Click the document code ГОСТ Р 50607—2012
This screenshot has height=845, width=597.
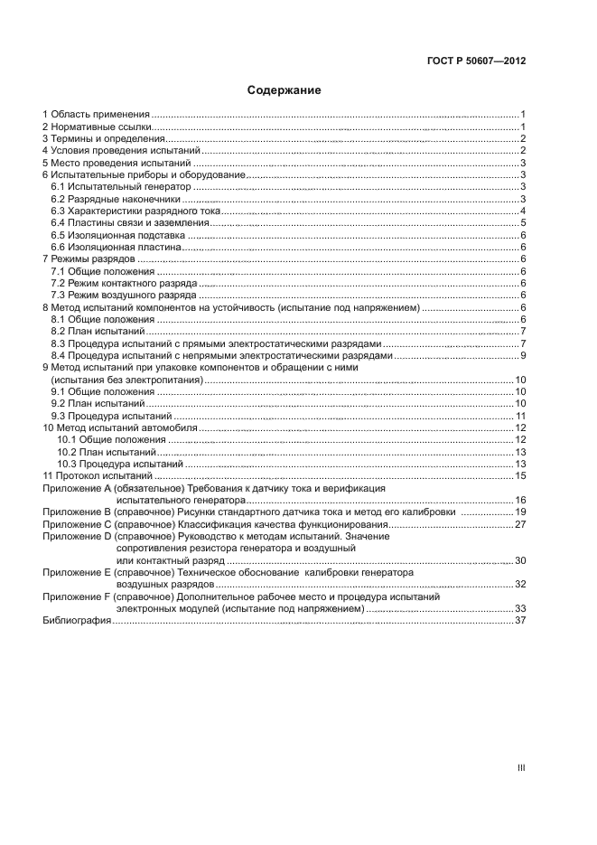click(476, 62)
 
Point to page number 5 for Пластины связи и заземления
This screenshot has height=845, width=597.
click(523, 222)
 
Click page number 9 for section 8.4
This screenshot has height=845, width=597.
click(523, 355)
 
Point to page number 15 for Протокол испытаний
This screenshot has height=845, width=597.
click(520, 475)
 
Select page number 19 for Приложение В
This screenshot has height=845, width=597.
click(520, 512)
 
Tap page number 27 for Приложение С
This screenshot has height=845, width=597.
click(520, 524)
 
